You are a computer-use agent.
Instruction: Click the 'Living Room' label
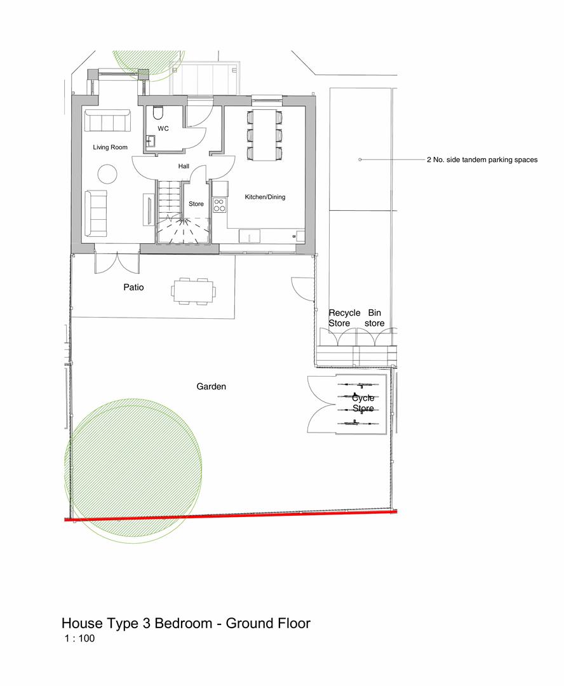pyautogui.click(x=110, y=147)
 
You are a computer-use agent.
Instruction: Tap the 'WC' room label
pyautogui.click(x=163, y=128)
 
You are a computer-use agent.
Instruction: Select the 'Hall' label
pyautogui.click(x=184, y=166)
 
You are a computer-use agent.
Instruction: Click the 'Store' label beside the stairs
pyautogui.click(x=196, y=204)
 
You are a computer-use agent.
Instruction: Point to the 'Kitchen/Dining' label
pyautogui.click(x=265, y=197)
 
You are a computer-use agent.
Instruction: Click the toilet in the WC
pyautogui.click(x=158, y=113)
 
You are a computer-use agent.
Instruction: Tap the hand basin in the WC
pyautogui.click(x=151, y=141)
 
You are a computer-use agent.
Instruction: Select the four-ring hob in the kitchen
pyautogui.click(x=219, y=205)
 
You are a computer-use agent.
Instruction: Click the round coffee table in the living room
pyautogui.click(x=107, y=173)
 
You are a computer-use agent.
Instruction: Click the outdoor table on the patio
pyautogui.click(x=193, y=292)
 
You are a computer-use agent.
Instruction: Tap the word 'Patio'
pyautogui.click(x=133, y=287)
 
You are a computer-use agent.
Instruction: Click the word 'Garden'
pyautogui.click(x=211, y=386)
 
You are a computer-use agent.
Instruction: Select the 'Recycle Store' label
pyautogui.click(x=344, y=318)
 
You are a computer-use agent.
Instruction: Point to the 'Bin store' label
pyautogui.click(x=375, y=318)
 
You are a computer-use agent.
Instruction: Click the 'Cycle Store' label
pyautogui.click(x=363, y=403)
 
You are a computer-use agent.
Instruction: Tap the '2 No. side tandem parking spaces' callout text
pyautogui.click(x=481, y=160)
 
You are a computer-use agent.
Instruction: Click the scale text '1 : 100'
pyautogui.click(x=79, y=639)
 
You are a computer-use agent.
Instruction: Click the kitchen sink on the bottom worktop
pyautogui.click(x=250, y=236)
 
